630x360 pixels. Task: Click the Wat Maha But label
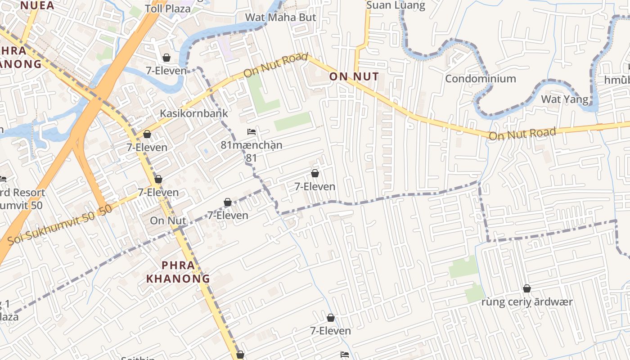[x=280, y=18]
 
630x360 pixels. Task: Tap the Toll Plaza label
[x=167, y=9]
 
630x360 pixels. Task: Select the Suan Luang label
[x=396, y=5]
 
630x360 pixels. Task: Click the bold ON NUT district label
[x=354, y=76]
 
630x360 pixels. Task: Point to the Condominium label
[x=480, y=79]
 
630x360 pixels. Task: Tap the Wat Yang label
[x=564, y=99]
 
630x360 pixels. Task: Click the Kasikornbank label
[x=194, y=113]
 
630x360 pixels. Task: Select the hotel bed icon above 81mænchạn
[x=252, y=132]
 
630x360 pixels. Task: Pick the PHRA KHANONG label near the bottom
[x=178, y=272]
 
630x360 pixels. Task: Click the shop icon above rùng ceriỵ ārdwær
[x=526, y=288]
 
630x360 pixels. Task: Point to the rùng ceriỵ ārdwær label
[x=526, y=301]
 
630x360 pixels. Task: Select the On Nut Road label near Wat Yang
[x=522, y=134]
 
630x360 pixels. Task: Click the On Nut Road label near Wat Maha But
[x=275, y=65]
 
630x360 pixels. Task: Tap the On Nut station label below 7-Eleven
[x=168, y=220]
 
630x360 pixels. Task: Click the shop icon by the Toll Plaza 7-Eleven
[x=166, y=58]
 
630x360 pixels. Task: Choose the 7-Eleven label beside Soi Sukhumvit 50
[x=158, y=192]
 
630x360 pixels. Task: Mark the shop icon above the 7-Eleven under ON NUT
[x=315, y=173]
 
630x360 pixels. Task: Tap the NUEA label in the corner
[x=37, y=5]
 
